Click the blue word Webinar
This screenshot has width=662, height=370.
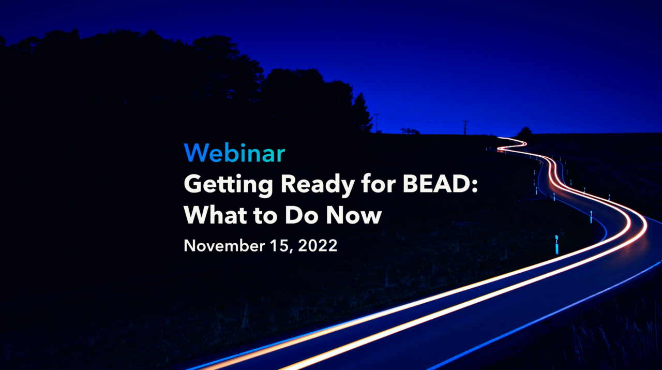point(234,153)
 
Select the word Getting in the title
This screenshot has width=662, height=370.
point(228,185)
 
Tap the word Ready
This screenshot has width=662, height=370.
point(318,185)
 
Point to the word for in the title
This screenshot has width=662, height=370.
point(379,183)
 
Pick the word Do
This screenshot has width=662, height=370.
point(302,215)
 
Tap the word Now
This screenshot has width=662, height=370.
point(353,215)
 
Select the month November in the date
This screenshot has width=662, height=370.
point(224,245)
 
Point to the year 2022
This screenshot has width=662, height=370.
point(318,245)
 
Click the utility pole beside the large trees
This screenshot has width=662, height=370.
point(377,123)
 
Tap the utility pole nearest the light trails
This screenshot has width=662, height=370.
point(465,128)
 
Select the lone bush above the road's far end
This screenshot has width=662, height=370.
point(525,132)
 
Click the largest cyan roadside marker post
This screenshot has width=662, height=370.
point(556,245)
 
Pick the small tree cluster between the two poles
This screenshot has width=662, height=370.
point(410,131)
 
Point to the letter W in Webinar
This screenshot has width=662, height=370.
point(195,153)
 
